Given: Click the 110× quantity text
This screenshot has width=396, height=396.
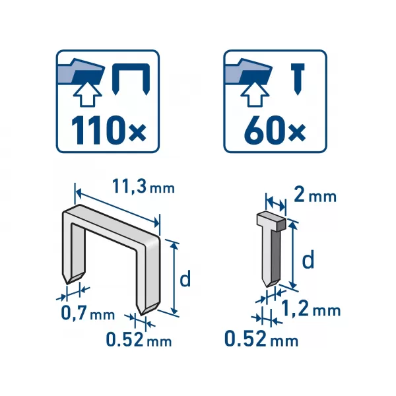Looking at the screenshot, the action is [109, 131].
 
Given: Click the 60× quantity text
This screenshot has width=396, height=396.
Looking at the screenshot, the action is [275, 131].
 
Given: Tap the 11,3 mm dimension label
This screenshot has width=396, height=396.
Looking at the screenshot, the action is [143, 187].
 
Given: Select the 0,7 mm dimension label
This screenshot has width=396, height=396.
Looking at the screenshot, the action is [88, 313].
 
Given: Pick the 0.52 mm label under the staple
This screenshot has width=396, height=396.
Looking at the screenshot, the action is [139, 339].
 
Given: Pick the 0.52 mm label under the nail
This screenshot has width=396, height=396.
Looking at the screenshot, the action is [261, 339].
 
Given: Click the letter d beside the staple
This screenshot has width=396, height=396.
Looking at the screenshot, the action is [185, 278].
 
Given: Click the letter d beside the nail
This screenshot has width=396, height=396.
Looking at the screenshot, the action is [308, 259].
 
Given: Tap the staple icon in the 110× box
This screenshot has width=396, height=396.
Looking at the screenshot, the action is [131, 79].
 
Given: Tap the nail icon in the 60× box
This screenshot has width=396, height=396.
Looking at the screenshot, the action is [298, 79].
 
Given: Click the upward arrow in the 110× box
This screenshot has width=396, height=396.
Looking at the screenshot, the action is [87, 94].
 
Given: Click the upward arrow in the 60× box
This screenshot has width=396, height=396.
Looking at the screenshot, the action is [255, 94].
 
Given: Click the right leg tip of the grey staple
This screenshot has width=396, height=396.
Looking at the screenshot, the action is [142, 315].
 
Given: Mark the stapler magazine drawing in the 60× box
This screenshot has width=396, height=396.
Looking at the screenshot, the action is [249, 71].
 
